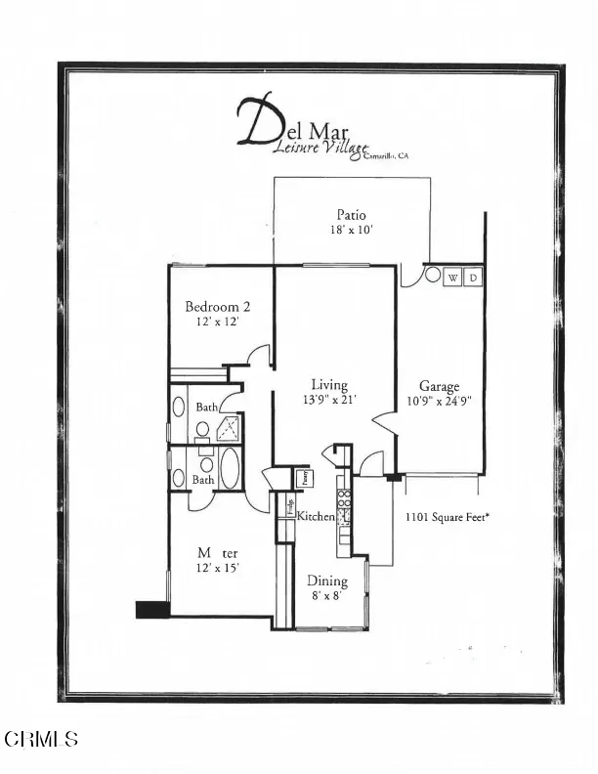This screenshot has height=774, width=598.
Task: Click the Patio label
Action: point(352,215)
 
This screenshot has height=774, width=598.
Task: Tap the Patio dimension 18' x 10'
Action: point(352,230)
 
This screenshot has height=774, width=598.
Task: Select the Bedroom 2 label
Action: point(212,306)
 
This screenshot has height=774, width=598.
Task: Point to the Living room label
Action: point(329,385)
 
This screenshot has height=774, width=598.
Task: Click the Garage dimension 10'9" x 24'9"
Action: point(439,400)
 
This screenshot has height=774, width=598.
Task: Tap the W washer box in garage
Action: point(452,278)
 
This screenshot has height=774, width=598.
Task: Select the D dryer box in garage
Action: point(473,278)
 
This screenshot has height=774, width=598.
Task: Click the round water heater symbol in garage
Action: point(433,276)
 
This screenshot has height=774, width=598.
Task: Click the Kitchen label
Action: point(316,516)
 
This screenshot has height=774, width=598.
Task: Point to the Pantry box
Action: point(305,477)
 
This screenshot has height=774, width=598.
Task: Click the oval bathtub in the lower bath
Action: point(230,469)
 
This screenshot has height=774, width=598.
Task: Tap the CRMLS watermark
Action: point(41,739)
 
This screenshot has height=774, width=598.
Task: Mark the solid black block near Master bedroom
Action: point(151,610)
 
